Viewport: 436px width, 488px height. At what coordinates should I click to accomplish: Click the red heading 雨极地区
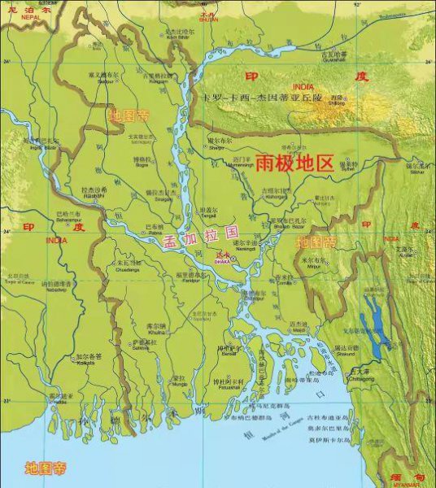click(294, 163)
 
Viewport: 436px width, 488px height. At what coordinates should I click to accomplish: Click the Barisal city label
click(227, 351)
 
